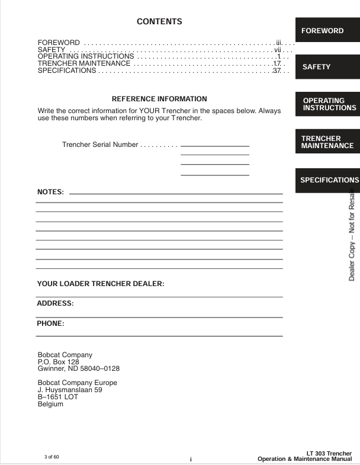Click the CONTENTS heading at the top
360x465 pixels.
[159, 22]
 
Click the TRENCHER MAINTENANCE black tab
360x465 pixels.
[327, 142]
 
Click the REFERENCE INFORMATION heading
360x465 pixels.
[159, 99]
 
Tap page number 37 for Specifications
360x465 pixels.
[277, 71]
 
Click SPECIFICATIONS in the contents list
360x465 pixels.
[67, 71]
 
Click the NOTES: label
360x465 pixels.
[50, 192]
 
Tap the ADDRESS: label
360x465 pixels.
[55, 303]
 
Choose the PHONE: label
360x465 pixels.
[50, 324]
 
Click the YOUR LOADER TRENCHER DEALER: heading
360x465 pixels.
[100, 267]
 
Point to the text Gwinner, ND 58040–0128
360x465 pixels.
[79, 368]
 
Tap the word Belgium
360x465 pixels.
[50, 405]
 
